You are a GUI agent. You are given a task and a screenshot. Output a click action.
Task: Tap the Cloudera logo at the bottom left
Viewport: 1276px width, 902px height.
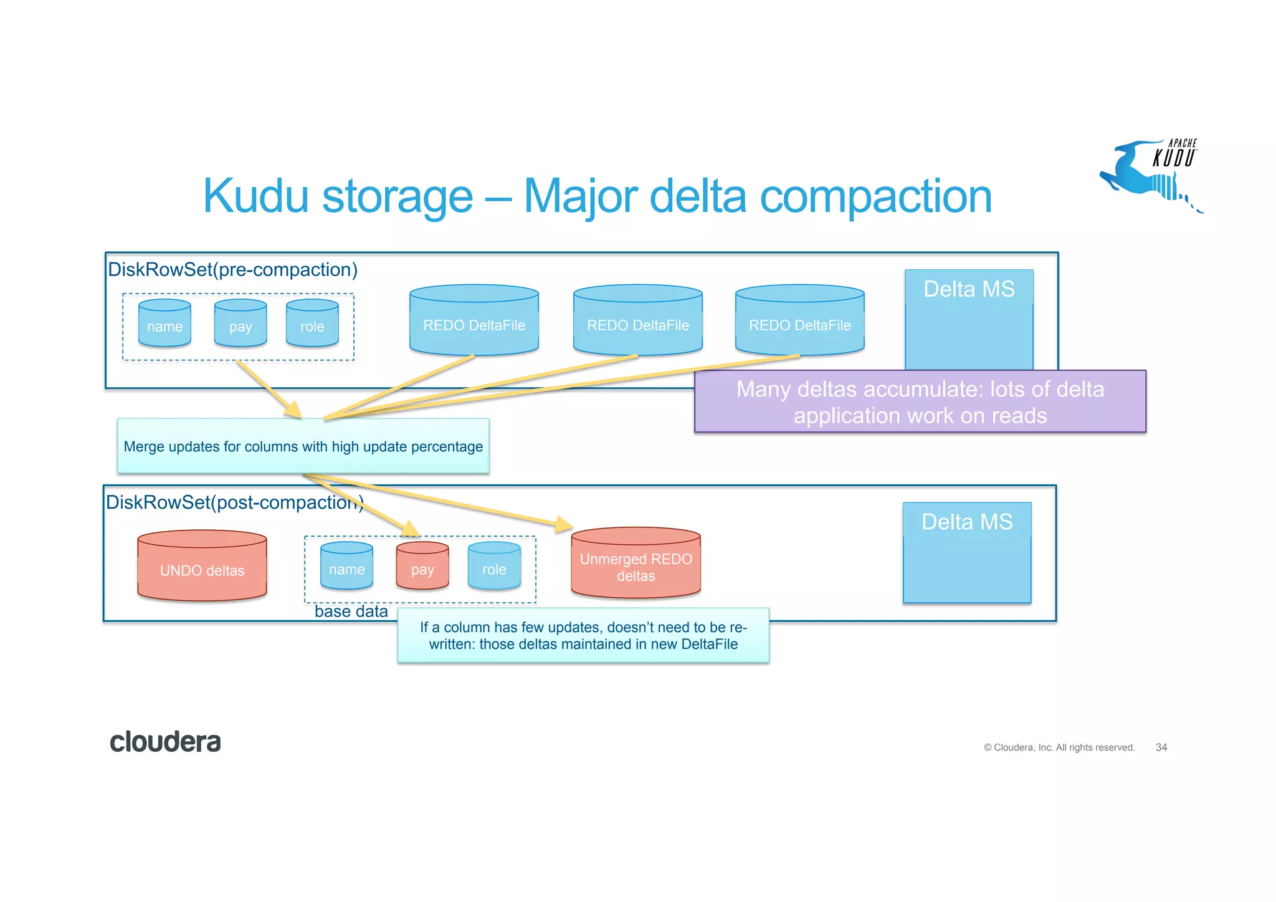pos(165,742)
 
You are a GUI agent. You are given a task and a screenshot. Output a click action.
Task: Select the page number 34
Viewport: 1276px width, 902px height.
pos(1161,747)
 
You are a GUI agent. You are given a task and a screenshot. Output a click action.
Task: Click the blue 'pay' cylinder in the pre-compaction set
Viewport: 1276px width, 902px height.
pos(240,324)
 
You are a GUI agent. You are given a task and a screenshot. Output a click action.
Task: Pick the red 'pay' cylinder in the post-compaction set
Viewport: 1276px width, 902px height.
pos(422,567)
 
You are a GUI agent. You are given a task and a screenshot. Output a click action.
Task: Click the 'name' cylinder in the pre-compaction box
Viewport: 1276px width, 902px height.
pos(164,324)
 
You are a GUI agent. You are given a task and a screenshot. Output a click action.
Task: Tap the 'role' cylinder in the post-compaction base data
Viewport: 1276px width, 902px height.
pos(494,567)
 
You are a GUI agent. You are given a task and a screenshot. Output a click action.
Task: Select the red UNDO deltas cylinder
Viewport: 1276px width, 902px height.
pos(202,567)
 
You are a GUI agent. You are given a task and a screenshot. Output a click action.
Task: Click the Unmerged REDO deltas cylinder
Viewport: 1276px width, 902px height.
pos(636,564)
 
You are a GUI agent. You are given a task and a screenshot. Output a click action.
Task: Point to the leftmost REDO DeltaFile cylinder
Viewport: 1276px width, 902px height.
pos(474,322)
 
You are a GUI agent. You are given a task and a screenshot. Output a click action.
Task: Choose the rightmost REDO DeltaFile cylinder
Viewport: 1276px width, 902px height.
pos(799,322)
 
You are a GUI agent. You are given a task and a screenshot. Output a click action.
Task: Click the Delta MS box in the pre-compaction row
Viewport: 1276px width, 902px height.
pos(969,318)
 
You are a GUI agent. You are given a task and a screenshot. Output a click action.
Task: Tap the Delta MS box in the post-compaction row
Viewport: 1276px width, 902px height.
pos(967,552)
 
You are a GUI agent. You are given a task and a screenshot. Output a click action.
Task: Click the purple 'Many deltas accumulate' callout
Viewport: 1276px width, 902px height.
pos(920,402)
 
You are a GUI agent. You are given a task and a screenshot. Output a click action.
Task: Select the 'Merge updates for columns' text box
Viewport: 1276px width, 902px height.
pos(303,446)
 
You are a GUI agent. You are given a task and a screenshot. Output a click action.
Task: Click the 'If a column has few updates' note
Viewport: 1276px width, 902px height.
pos(583,636)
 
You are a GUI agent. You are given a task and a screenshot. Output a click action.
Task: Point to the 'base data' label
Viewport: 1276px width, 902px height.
pos(351,612)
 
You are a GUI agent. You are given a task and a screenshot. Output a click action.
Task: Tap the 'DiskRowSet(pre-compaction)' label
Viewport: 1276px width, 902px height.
pos(233,270)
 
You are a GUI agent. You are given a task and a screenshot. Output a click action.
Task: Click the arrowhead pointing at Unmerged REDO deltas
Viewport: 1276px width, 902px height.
pos(564,524)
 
